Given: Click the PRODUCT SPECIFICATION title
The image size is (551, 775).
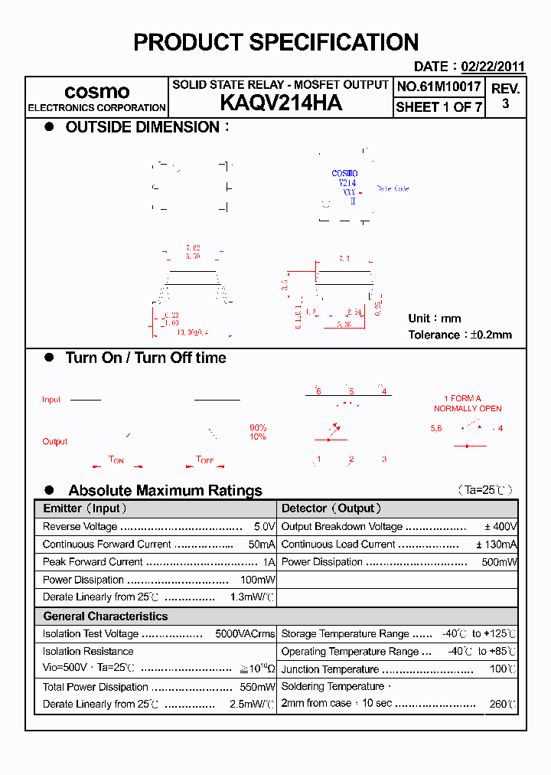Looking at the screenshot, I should tap(275, 42).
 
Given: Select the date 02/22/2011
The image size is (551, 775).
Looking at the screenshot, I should tap(493, 67).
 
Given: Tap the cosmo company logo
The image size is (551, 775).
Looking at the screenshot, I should tap(96, 91).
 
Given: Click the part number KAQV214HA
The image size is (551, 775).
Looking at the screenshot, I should tap(280, 103).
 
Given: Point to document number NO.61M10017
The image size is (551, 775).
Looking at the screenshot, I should tap(439, 87).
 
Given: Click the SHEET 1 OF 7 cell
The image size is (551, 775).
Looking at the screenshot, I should tap(439, 107).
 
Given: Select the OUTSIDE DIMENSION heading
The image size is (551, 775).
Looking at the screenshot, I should tap(142, 127).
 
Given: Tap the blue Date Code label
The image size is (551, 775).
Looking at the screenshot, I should tap(393, 188).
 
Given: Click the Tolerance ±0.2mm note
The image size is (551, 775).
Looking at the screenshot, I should tap(460, 335).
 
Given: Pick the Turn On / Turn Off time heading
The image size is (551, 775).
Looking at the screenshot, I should tap(145, 358).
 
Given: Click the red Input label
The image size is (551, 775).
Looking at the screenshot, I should tap(51, 400).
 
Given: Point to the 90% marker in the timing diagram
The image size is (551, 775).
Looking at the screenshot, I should tap(258, 427).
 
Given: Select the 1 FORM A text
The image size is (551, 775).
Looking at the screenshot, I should tap(462, 398).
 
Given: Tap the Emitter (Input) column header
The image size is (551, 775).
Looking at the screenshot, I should tap(85, 508).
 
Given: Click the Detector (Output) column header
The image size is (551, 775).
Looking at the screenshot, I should tap(331, 508).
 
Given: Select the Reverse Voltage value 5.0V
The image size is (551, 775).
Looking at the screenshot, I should tap(264, 527).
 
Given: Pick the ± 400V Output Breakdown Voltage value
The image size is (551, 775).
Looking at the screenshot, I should tap(500, 527).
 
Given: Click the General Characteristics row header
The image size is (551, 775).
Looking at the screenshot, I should tap(105, 616).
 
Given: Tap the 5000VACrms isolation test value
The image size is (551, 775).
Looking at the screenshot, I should tap(245, 634).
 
